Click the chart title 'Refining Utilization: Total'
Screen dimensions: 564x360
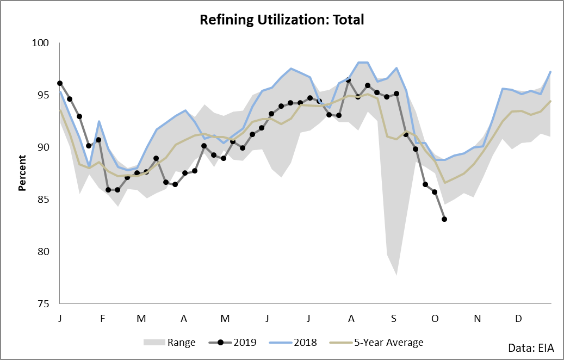pyautogui.click(x=282, y=20)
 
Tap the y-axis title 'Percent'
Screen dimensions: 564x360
pyautogui.click(x=22, y=172)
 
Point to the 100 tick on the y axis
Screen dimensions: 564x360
pyautogui.click(x=40, y=43)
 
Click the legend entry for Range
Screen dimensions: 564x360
pyautogui.click(x=169, y=343)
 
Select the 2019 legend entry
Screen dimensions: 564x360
pyautogui.click(x=233, y=343)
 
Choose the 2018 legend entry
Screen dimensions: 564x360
pyautogui.click(x=293, y=343)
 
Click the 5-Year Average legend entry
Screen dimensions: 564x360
pyautogui.click(x=376, y=343)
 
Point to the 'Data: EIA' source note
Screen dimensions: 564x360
pyautogui.click(x=531, y=348)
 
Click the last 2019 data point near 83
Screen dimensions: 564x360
pyautogui.click(x=444, y=219)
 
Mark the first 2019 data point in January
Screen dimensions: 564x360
pyautogui.click(x=60, y=83)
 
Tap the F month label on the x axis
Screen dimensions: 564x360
pyautogui.click(x=102, y=319)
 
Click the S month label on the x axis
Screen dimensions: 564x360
pyautogui.click(x=394, y=319)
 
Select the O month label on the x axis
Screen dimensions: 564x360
pyautogui.click(x=435, y=319)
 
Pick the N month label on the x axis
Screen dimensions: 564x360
pyautogui.click(x=478, y=319)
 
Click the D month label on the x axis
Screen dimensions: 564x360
pyautogui.click(x=518, y=319)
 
